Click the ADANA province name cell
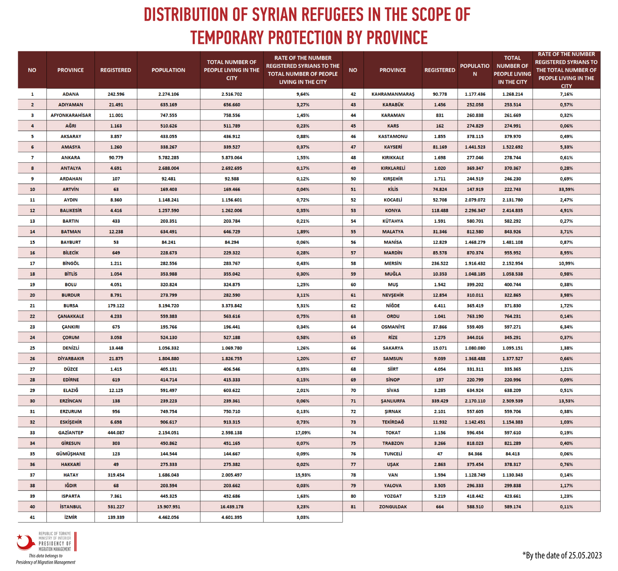click(71, 94)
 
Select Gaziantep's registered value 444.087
click(116, 432)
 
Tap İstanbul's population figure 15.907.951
click(168, 506)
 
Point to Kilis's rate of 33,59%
click(566, 189)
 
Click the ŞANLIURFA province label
click(393, 401)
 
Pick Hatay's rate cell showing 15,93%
click(303, 475)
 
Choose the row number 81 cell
click(353, 506)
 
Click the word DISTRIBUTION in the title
click(186, 15)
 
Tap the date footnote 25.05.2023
click(585, 555)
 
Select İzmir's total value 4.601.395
click(232, 517)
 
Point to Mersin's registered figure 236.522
click(440, 263)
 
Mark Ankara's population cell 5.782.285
click(168, 157)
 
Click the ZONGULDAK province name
click(393, 506)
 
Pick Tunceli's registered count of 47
click(440, 454)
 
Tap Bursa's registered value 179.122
click(116, 306)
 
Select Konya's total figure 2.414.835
click(512, 210)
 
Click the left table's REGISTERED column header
click(116, 70)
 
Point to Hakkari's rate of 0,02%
click(303, 464)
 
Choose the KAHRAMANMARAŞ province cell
click(393, 94)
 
